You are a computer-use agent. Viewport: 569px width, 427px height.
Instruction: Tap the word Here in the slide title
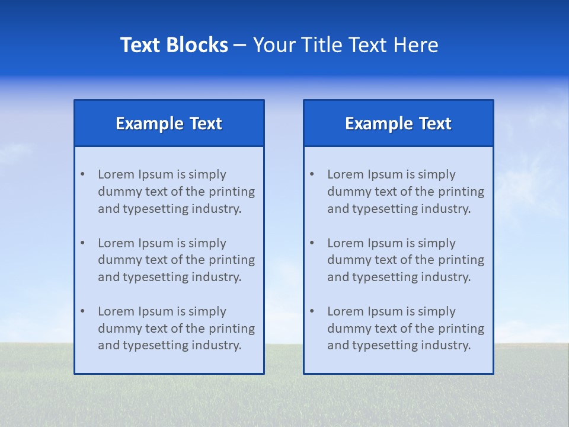click(417, 45)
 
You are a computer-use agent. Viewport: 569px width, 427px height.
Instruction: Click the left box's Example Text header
click(169, 123)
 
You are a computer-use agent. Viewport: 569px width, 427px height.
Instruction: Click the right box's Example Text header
click(398, 123)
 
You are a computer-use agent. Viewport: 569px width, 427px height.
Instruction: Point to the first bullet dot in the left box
click(82, 174)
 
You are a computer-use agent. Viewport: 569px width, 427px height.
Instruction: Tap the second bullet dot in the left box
click(82, 243)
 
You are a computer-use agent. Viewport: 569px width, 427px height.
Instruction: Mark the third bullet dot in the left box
click(82, 311)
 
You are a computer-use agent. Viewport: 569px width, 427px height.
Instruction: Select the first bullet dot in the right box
click(312, 174)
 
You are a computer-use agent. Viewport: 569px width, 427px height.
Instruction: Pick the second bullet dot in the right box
click(312, 243)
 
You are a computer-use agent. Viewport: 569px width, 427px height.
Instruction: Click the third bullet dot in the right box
click(312, 311)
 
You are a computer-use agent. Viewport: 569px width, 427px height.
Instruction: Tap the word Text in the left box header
click(206, 123)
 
